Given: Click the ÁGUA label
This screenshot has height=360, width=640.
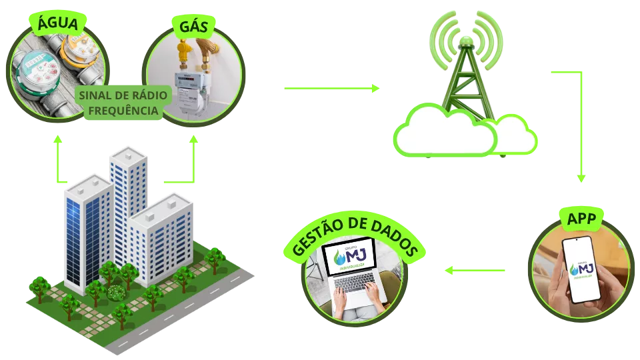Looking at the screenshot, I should coord(57,24).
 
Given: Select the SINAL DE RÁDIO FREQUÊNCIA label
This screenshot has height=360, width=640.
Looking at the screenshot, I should coord(124,103).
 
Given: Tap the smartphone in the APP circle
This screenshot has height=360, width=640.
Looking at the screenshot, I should coord(577,269).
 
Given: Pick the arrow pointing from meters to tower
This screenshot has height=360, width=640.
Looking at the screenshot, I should coord(331,88).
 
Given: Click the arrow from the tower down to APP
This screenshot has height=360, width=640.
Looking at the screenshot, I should coord(580,127).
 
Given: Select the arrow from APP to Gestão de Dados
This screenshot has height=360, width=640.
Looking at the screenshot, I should coord(475,270).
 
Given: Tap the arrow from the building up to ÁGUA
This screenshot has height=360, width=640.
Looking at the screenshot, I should coord(59,160).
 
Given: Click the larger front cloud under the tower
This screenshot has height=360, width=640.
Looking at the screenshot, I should coord(445,133).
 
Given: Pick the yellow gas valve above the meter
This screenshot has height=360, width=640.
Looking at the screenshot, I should coord(183,51).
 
